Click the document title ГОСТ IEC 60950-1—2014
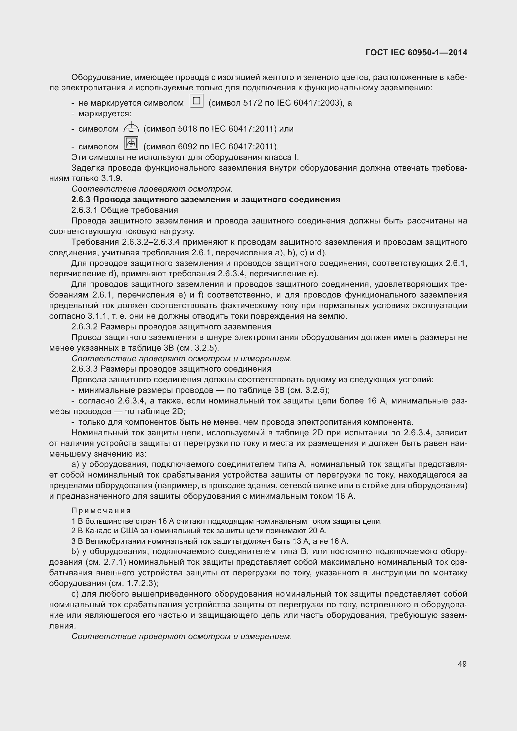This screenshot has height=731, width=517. coord(416,53)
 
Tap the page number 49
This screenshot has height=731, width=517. coord(462,664)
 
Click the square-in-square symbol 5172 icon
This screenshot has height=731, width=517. coord(196,101)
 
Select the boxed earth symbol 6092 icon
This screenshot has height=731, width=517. coord(131,143)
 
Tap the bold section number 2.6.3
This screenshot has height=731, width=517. coord(81,200)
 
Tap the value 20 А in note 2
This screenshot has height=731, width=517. coord(317,531)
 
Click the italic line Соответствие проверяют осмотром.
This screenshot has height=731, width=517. coord(152,189)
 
